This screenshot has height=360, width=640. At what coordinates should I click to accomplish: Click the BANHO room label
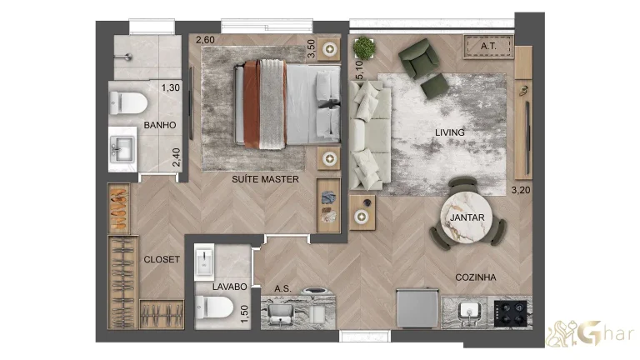point(158,125)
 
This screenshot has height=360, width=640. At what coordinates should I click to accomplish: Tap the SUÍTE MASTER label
point(265,178)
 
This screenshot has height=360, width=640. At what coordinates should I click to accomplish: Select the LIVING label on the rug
point(449,132)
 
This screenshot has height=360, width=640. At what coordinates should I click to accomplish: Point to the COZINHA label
point(476,277)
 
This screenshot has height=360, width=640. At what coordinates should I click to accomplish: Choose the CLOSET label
point(161,259)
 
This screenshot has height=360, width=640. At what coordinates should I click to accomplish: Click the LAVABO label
point(229,286)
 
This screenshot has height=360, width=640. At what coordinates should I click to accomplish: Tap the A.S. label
point(282,289)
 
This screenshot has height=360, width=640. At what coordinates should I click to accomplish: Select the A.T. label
point(488,47)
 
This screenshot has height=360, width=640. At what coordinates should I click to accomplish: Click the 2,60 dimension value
point(205,39)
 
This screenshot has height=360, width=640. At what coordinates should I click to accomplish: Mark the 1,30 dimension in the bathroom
point(170,87)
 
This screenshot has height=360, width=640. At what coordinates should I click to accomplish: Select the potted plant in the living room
point(364,47)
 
